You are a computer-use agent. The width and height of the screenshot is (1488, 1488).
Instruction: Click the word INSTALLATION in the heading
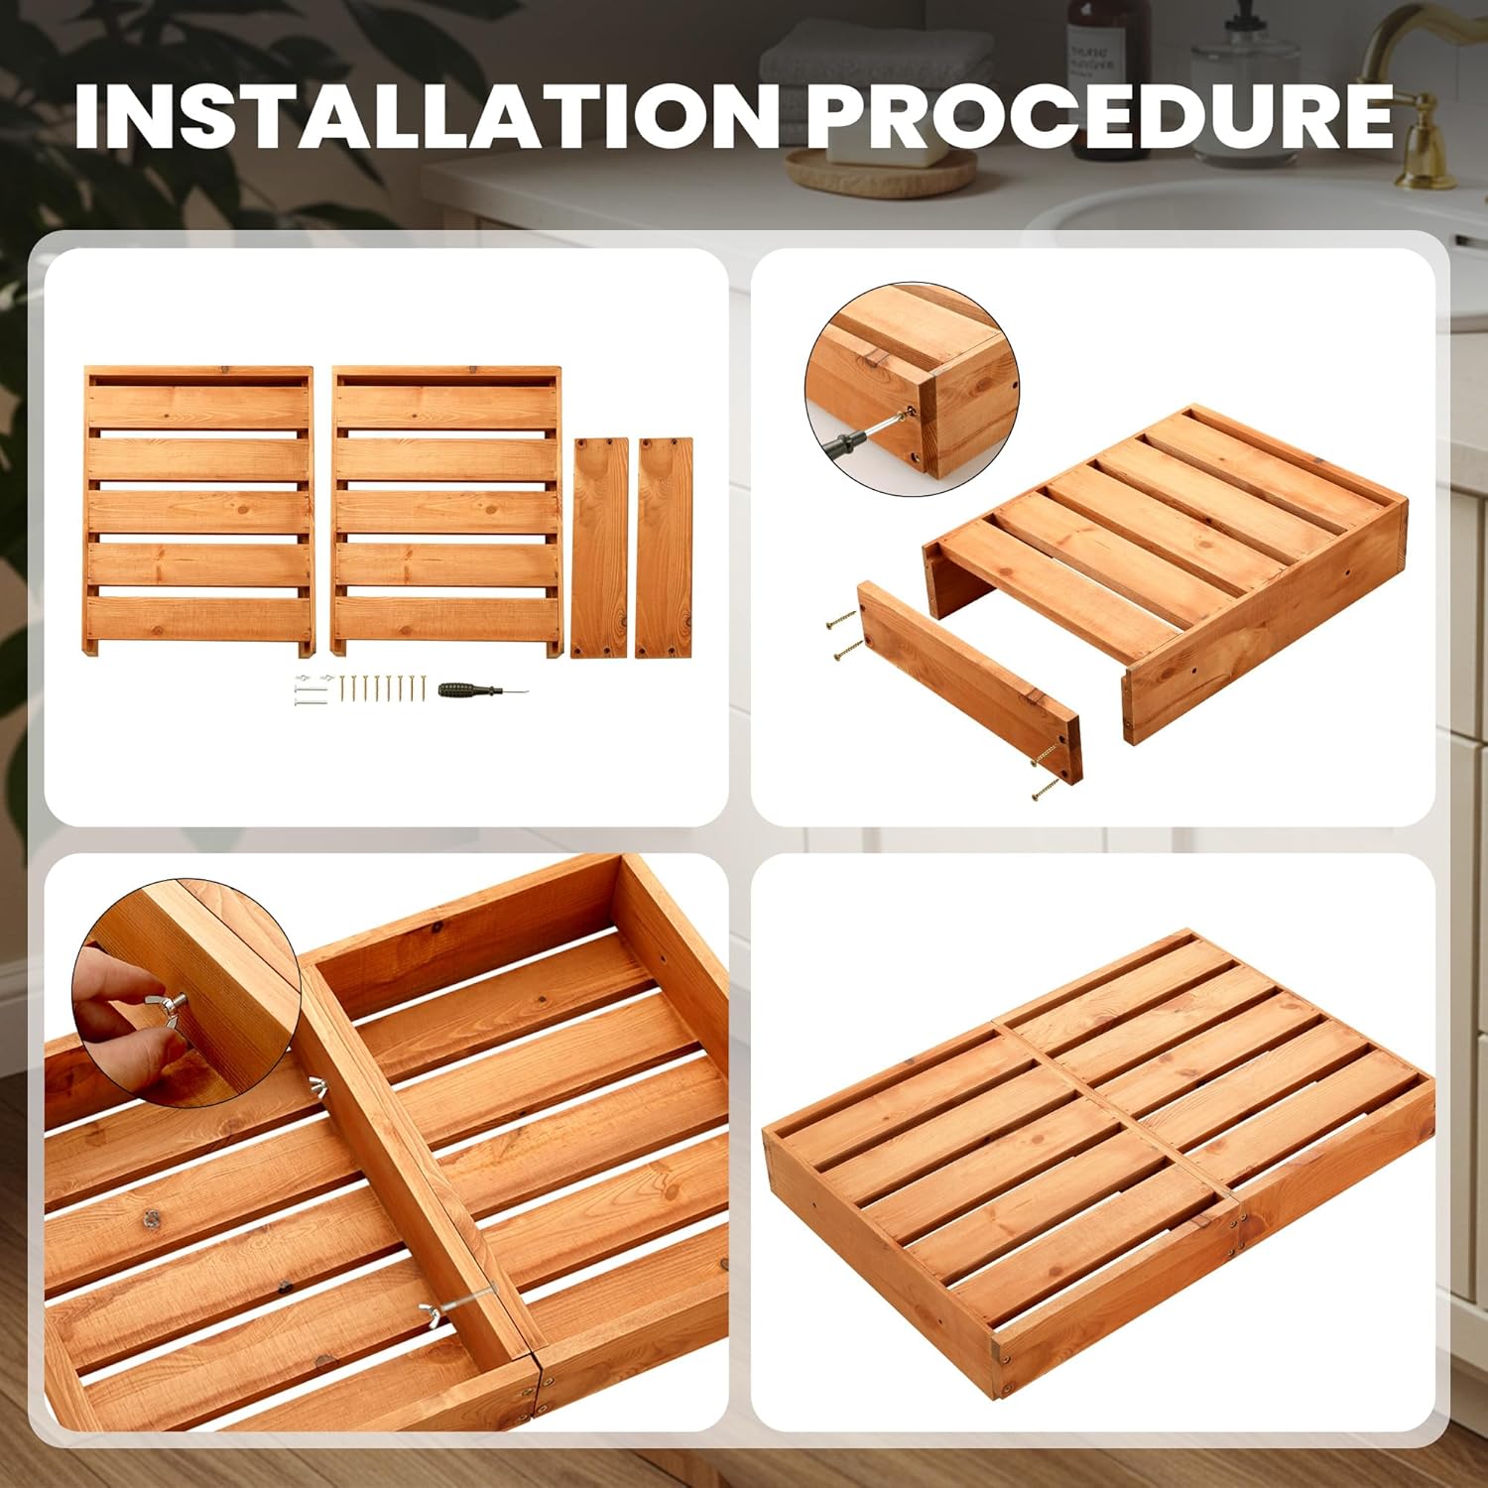[426, 116]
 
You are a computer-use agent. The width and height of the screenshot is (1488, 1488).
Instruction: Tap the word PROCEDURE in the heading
[1099, 116]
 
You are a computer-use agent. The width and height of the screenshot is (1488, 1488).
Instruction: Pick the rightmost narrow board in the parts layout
[664, 547]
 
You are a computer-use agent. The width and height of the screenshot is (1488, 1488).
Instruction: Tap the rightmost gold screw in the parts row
[423, 688]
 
